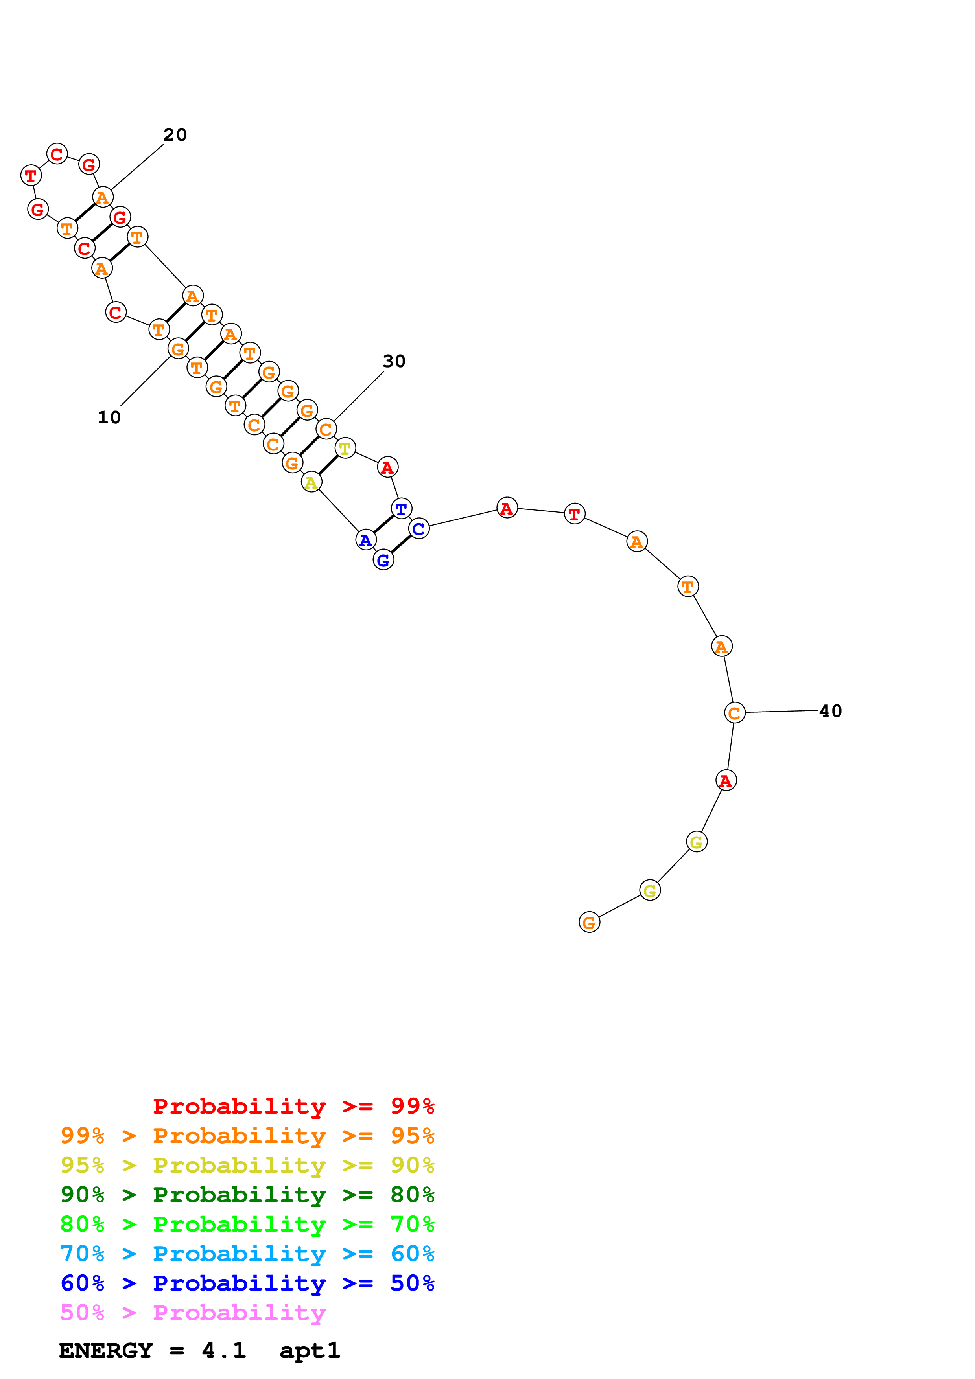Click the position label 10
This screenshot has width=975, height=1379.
[x=109, y=417]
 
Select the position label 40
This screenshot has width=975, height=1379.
[x=830, y=711]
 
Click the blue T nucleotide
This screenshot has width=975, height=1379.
[x=401, y=509]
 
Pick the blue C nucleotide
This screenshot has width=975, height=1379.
[x=419, y=529]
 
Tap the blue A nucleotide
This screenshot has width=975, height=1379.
[x=366, y=540]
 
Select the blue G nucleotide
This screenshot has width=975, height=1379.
[x=383, y=561]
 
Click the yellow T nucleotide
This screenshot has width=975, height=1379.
[x=345, y=448]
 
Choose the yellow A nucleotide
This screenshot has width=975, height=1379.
[x=311, y=482]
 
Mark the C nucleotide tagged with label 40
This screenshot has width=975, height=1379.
[x=734, y=713]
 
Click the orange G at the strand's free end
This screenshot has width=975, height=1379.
[x=589, y=923]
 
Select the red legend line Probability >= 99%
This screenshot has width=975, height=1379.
[x=293, y=1106]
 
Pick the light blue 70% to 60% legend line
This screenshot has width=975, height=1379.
[x=247, y=1254]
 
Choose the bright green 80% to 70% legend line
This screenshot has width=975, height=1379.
[x=247, y=1224]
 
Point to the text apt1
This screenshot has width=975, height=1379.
[x=310, y=1351]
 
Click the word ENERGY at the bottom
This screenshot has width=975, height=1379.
[x=106, y=1351]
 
